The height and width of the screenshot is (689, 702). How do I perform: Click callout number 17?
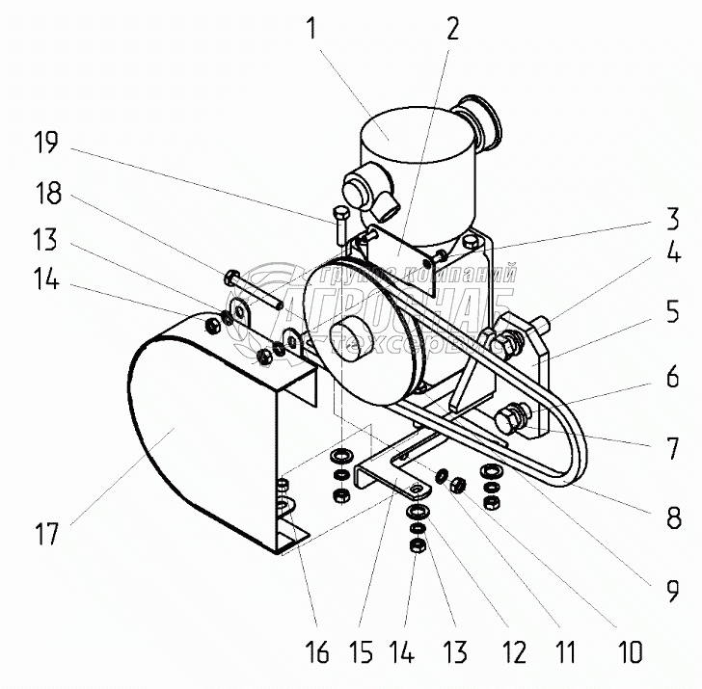click(46, 533)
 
